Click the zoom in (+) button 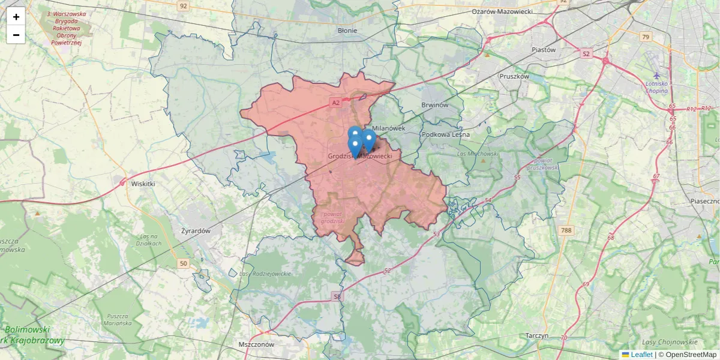coord(16,17)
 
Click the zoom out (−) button coord(16,35)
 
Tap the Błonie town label coord(347,31)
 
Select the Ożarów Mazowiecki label coord(502,11)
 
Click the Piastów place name coord(544,50)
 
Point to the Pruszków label coord(515,76)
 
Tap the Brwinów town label coord(436,105)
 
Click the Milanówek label coord(389,128)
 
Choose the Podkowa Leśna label coord(445,134)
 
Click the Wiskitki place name coord(143,184)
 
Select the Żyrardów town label coord(196,230)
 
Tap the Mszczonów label coord(256,344)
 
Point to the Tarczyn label coord(536,335)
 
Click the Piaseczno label coord(706,201)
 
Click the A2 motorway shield coord(336,103)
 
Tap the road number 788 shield coord(566,230)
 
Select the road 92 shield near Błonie coord(183,6)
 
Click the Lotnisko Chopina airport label coord(657,87)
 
